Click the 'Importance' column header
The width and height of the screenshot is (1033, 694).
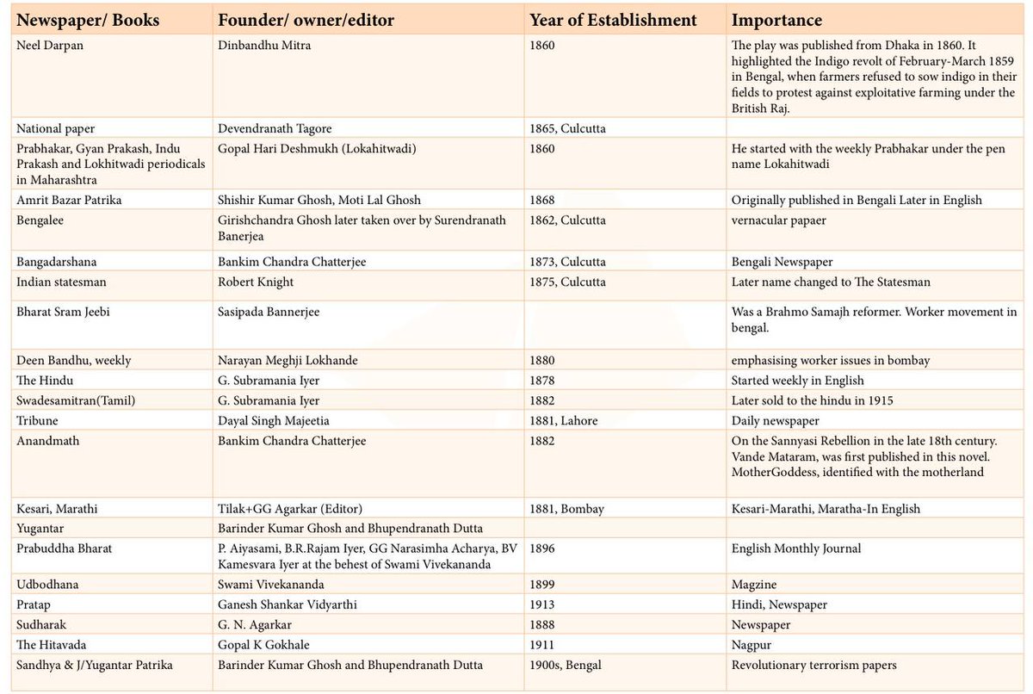(x=776, y=21)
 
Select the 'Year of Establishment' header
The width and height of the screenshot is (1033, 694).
(x=613, y=21)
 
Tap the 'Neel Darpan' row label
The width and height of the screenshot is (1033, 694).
(x=50, y=46)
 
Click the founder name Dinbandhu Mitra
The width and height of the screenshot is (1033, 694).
(x=264, y=45)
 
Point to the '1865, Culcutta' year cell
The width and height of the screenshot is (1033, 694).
(x=567, y=128)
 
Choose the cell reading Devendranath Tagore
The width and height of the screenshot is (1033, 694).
(x=275, y=128)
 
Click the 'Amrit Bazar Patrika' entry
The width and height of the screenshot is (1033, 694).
(x=69, y=200)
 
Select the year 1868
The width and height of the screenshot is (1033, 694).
(x=541, y=200)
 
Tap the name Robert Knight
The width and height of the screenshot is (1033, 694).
(x=256, y=282)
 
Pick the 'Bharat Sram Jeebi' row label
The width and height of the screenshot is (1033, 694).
(x=63, y=312)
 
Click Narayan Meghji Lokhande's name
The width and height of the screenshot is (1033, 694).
(x=288, y=360)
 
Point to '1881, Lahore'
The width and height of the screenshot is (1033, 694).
(x=564, y=420)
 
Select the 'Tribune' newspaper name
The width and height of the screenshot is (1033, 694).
(x=37, y=420)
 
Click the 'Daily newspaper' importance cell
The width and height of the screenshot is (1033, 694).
(x=776, y=420)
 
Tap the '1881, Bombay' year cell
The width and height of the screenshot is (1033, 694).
(x=566, y=509)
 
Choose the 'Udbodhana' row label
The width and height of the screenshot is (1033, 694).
(x=47, y=585)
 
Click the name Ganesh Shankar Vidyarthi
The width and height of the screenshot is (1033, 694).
(x=288, y=604)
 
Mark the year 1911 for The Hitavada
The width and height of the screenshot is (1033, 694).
(x=541, y=645)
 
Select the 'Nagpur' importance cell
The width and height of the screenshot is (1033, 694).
(x=752, y=645)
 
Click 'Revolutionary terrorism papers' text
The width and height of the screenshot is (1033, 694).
(x=814, y=665)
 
